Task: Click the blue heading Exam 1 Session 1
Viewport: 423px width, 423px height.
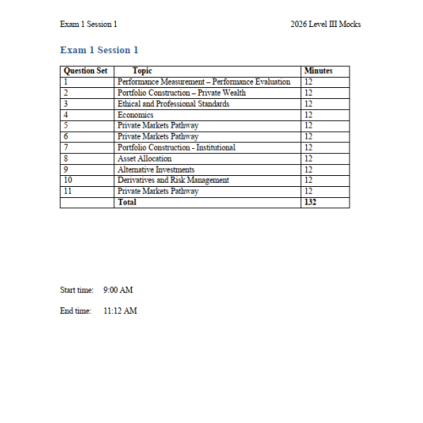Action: [x=100, y=50]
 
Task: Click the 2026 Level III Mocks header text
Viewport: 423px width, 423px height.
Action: [x=326, y=24]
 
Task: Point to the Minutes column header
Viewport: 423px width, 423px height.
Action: [x=318, y=71]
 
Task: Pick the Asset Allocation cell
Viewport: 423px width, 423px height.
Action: [x=145, y=158]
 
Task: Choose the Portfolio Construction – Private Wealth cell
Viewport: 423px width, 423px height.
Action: [x=182, y=93]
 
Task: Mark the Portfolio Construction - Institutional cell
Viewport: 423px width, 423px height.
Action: [x=177, y=147]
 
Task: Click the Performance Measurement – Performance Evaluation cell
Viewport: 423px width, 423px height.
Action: [x=204, y=82]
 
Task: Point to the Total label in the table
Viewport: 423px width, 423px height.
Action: [x=127, y=202]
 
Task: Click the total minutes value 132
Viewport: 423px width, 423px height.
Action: [x=310, y=202]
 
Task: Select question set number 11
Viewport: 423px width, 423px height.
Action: [x=67, y=191]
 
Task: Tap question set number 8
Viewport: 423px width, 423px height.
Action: [x=65, y=158]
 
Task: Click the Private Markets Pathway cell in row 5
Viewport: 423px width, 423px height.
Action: [x=158, y=125]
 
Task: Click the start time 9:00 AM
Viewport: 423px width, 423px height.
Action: [x=118, y=290]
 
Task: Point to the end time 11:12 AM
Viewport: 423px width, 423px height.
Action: [x=119, y=310]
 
